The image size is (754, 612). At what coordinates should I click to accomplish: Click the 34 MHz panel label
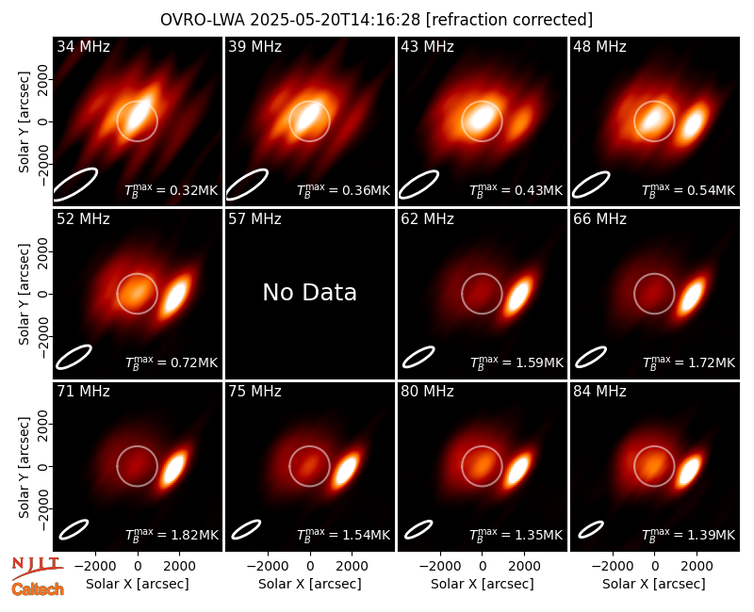click(83, 46)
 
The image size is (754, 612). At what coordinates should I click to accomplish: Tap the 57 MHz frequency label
click(254, 219)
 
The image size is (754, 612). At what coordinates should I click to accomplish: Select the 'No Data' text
click(310, 292)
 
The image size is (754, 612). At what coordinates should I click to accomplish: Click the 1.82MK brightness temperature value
click(195, 535)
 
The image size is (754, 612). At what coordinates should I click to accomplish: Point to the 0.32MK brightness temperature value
click(194, 190)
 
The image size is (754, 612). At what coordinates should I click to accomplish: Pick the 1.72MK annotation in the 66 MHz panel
click(712, 362)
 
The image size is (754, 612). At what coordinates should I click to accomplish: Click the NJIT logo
click(37, 567)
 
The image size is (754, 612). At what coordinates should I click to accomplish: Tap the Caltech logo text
click(38, 589)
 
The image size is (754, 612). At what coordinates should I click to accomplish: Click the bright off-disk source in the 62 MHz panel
click(518, 297)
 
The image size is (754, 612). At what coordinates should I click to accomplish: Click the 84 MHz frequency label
click(599, 392)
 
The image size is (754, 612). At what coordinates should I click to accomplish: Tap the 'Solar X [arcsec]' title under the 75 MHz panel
click(310, 584)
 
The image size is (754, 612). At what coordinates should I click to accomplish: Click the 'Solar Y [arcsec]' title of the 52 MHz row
click(24, 294)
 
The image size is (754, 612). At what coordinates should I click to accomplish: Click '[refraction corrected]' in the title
click(509, 20)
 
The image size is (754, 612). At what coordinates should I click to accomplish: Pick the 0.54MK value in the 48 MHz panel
click(712, 190)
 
